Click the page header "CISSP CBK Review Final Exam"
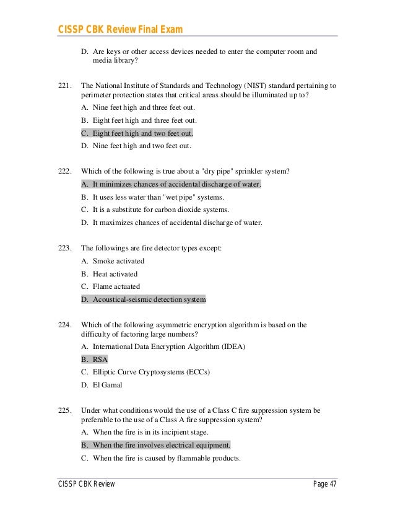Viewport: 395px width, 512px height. pyautogui.click(x=121, y=30)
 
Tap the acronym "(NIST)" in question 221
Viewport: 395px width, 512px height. pyautogui.click(x=233, y=86)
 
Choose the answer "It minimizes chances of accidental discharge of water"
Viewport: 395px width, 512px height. pyautogui.click(x=171, y=185)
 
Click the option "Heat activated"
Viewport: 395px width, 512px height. pyautogui.click(x=115, y=274)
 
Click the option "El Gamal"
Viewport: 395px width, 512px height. pyautogui.click(x=107, y=385)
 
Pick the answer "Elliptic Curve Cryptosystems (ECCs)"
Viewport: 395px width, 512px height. pyautogui.click(x=151, y=372)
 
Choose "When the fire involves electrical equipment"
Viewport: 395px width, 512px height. pyautogui.click(x=155, y=445)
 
